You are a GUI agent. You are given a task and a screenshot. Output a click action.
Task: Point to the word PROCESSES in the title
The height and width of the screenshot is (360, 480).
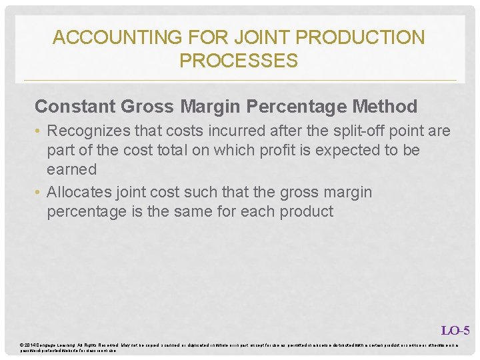(x=239, y=61)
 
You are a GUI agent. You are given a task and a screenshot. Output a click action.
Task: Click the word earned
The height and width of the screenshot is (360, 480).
(x=71, y=169)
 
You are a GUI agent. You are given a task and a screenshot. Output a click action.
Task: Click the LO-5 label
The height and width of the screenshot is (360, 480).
(x=455, y=330)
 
